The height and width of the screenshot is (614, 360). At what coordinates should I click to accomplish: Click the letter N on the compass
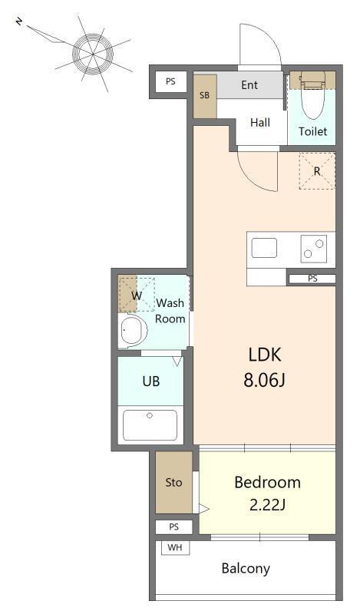[18, 21]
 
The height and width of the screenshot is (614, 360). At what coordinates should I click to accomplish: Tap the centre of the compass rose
[93, 53]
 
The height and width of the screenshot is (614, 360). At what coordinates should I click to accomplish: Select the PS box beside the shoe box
[170, 82]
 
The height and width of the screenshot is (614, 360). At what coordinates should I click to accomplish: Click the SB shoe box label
[204, 95]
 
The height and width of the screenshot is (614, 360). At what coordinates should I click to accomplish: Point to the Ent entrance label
[249, 85]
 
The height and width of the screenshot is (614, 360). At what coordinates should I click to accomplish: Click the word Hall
[260, 123]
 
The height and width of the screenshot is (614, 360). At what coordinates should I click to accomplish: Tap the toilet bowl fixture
[312, 96]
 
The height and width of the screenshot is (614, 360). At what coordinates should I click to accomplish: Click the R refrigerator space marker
[317, 171]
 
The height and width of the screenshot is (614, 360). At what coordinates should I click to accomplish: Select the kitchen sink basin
[264, 248]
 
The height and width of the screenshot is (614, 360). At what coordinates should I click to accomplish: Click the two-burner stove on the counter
[313, 249]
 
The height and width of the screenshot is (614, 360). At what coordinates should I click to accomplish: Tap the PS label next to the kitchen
[312, 279]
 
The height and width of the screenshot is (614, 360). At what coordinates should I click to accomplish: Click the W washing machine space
[137, 295]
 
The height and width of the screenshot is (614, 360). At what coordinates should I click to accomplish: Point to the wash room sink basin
[133, 331]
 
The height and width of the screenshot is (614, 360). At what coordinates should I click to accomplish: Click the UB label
[151, 381]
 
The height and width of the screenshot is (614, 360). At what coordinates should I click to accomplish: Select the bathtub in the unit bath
[150, 425]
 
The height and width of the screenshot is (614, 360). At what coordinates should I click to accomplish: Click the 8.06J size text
[264, 380]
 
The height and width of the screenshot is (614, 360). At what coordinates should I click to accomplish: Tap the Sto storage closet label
[173, 483]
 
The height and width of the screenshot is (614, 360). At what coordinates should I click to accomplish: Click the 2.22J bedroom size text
[267, 505]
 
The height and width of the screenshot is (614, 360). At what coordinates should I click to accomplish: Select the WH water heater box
[175, 548]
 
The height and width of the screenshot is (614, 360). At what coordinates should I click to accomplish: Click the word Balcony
[246, 569]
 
